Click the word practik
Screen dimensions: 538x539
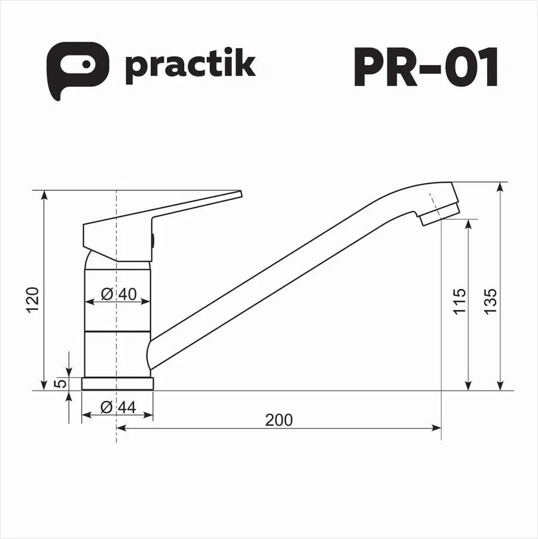click(190, 66)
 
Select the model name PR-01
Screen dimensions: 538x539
click(426, 66)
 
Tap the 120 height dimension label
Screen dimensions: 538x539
click(33, 299)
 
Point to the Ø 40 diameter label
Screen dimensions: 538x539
click(119, 294)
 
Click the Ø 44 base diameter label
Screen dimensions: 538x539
click(118, 407)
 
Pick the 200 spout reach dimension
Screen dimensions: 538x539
click(279, 420)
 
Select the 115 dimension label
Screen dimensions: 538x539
click(459, 301)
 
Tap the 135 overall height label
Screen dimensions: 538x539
click(490, 301)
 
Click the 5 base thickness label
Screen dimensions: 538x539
click(60, 383)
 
